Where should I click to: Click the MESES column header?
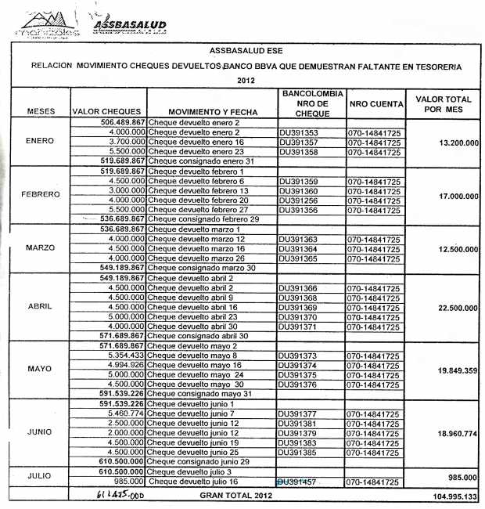click(41, 112)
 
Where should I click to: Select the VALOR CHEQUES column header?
click(106, 112)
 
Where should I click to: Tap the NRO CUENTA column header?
click(376, 103)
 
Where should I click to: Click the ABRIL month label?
click(41, 306)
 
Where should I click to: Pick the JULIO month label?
click(41, 476)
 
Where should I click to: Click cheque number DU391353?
click(299, 133)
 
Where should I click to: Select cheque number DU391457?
click(299, 482)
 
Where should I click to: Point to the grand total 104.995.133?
click(448, 496)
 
